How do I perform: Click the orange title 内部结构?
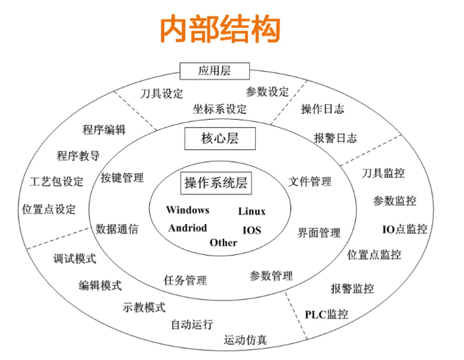click(221, 30)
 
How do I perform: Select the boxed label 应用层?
click(215, 71)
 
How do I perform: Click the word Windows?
click(188, 210)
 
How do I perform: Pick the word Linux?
click(251, 212)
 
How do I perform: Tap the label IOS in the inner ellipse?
click(251, 230)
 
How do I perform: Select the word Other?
click(224, 242)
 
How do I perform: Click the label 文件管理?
click(310, 181)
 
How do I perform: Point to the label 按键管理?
click(122, 177)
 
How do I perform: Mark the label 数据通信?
click(117, 228)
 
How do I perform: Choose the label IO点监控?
click(404, 228)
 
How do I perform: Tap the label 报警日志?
click(335, 137)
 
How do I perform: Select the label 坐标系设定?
click(220, 109)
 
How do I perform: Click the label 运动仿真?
click(246, 340)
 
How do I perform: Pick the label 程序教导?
click(78, 156)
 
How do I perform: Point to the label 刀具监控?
click(383, 173)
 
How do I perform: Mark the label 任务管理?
click(185, 280)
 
